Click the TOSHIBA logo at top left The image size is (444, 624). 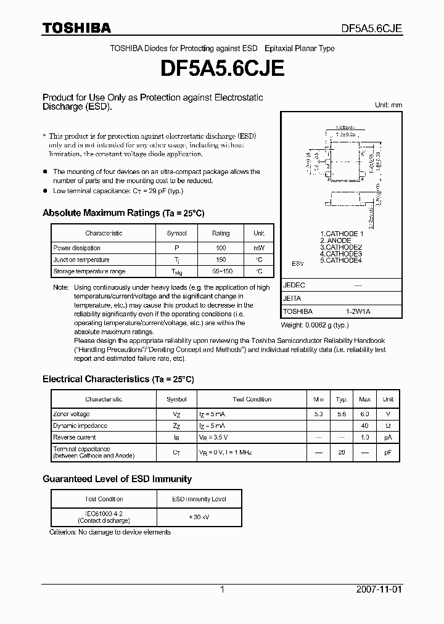(x=76, y=28)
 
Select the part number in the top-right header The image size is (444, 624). (x=372, y=28)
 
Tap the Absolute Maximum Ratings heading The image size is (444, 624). (x=123, y=213)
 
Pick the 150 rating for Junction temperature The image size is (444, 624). (x=221, y=260)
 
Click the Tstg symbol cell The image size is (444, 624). (x=176, y=272)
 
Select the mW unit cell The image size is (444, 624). (x=259, y=248)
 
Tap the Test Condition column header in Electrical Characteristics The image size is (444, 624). (x=252, y=399)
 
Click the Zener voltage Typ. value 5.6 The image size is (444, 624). (x=341, y=414)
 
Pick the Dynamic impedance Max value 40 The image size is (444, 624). (x=364, y=426)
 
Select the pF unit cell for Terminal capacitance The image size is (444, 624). (x=388, y=453)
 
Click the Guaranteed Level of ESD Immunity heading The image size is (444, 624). (x=117, y=479)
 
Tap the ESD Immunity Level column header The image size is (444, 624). (x=199, y=499)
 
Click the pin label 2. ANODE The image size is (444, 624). (x=335, y=240)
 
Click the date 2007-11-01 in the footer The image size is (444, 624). (x=379, y=589)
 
